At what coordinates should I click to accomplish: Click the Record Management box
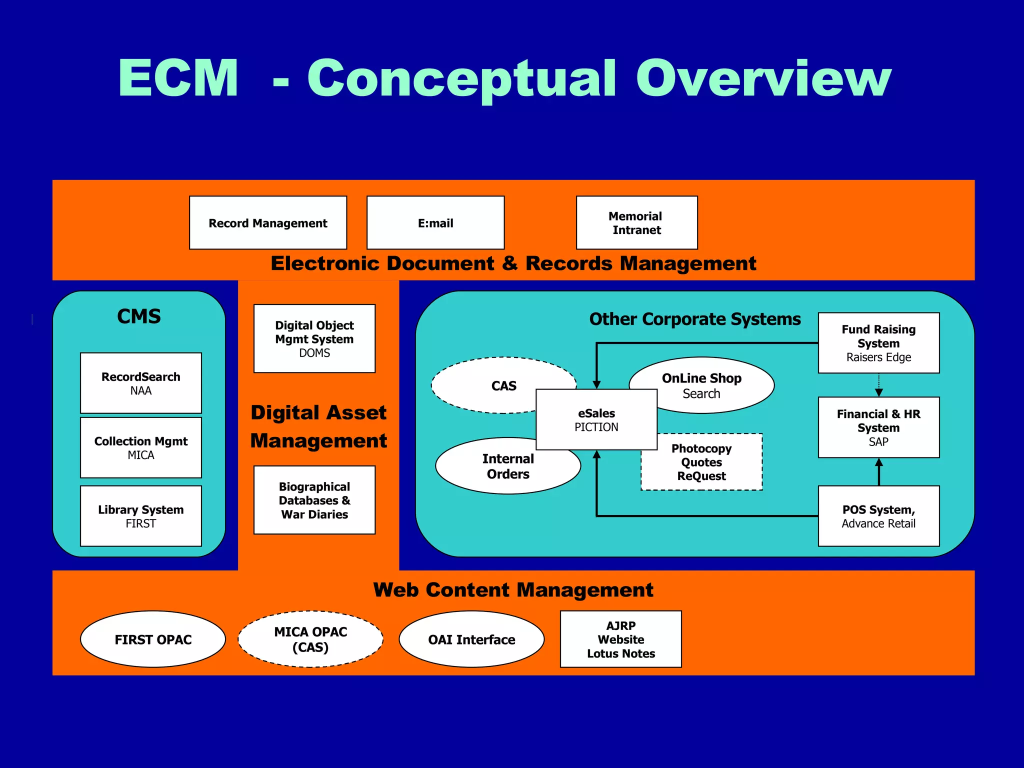[x=268, y=222]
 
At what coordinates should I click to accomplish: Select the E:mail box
[x=435, y=222]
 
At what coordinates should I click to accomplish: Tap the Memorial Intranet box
[x=636, y=222]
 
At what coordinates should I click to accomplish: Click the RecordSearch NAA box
[x=141, y=383]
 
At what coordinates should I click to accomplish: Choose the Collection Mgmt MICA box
[x=141, y=447]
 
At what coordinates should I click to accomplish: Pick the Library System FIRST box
[x=141, y=516]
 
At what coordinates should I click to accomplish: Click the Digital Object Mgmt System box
[x=314, y=338]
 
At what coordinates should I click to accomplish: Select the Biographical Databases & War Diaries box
[x=314, y=500]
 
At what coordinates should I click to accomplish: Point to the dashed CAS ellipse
[x=490, y=385]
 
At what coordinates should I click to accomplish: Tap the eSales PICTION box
[x=596, y=419]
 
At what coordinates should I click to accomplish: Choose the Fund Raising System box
[x=878, y=343]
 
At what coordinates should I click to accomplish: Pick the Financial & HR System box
[x=878, y=427]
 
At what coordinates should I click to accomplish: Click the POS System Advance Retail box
[x=878, y=516]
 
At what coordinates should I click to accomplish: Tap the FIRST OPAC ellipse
[x=153, y=639]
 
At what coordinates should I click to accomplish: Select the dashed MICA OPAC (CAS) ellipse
[x=310, y=639]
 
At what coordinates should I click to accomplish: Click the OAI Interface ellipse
[x=471, y=639]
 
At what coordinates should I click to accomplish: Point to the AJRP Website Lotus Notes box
[x=621, y=639]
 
